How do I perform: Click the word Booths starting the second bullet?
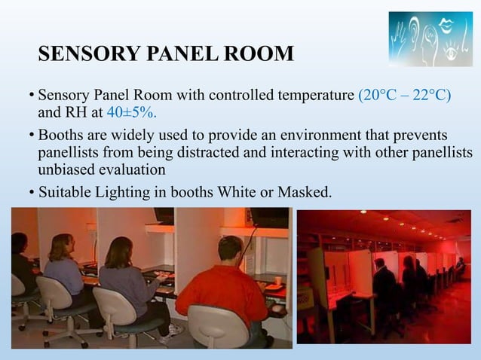pyautogui.click(x=61, y=136)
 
